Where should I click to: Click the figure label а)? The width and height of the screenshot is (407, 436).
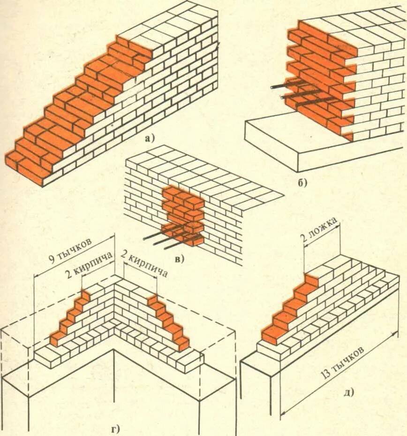[149, 138]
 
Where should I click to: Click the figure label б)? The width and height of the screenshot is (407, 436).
[303, 183]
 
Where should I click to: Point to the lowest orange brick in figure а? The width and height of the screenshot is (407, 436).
[30, 169]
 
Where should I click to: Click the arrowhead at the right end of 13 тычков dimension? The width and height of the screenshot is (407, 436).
[396, 333]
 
